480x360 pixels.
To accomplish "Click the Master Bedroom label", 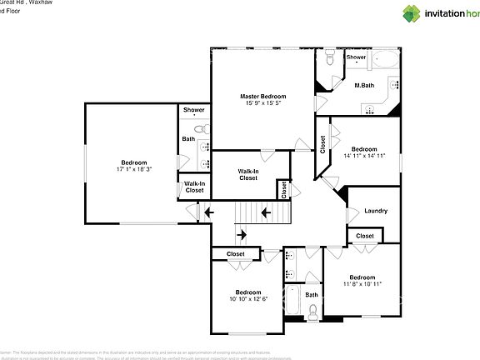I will (262, 96).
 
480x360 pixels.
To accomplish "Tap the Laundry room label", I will (376, 211).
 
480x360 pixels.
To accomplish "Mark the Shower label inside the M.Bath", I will (356, 57).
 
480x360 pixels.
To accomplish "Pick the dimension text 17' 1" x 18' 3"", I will (133, 169).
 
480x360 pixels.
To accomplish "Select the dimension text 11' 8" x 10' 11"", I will (362, 284).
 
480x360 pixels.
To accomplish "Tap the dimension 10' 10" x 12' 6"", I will (248, 299).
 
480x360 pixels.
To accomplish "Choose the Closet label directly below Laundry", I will (365, 237).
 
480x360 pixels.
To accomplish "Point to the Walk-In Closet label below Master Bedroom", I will (248, 174).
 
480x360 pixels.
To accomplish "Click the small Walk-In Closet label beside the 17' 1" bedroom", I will (194, 187).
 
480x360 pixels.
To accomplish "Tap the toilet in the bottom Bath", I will (312, 313).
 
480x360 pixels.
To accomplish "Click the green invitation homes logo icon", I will (412, 13).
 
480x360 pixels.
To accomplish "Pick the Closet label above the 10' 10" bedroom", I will (236, 254).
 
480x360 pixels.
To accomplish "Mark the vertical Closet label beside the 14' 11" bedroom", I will (322, 146).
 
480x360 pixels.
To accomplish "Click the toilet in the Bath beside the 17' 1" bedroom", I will (199, 129).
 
